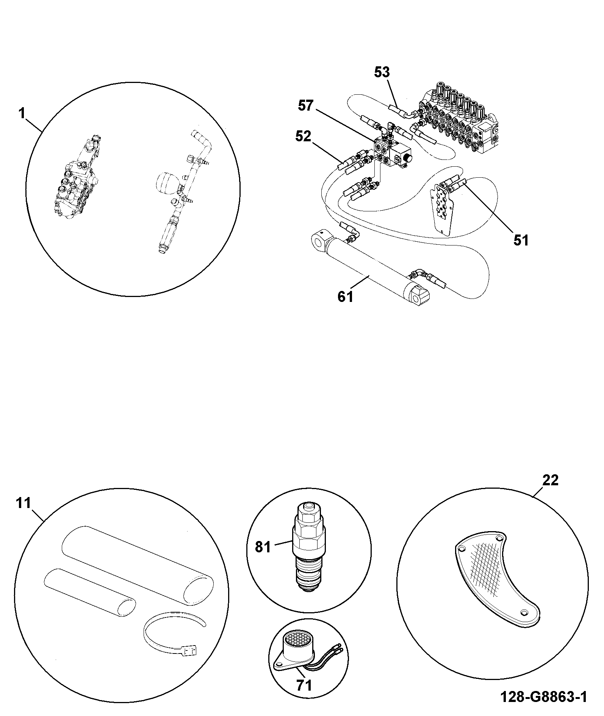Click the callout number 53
tap(382, 72)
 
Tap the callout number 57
tap(306, 106)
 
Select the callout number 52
tap(303, 136)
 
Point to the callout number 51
tap(521, 240)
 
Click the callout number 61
tap(346, 297)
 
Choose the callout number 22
tap(551, 481)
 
